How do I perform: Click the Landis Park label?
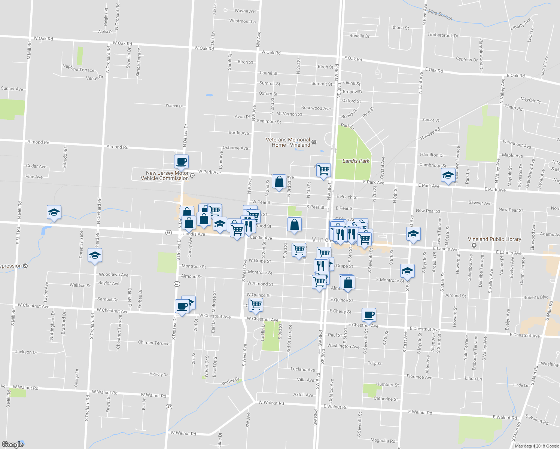[356, 161]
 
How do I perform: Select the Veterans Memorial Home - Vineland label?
[288, 142]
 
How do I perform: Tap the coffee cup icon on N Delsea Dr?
[181, 162]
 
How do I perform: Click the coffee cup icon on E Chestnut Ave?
[369, 315]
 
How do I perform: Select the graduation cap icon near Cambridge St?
[448, 175]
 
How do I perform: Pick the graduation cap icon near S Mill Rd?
[54, 213]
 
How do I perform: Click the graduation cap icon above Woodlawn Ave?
[95, 256]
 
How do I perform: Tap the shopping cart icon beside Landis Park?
[324, 170]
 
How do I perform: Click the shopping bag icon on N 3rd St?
[279, 182]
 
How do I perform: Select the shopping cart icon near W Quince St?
[256, 305]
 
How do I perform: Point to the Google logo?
[13, 444]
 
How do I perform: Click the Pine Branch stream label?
[440, 15]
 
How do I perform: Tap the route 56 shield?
[168, 233]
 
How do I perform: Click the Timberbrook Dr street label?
[443, 35]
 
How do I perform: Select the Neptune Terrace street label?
[78, 69]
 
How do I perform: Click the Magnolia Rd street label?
[383, 441]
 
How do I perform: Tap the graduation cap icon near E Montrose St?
[407, 271]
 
